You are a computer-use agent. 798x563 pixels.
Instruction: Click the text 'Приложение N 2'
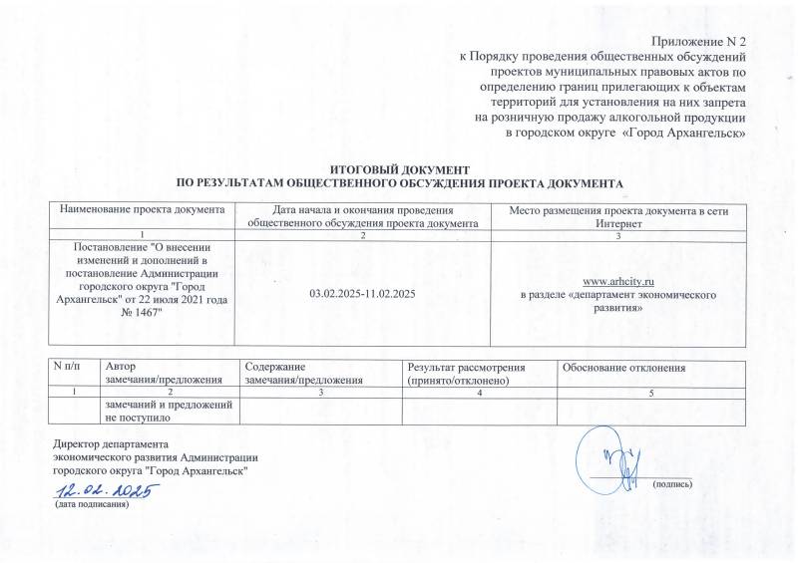click(x=698, y=40)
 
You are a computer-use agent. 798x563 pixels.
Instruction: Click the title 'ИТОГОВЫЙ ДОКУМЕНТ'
click(x=399, y=172)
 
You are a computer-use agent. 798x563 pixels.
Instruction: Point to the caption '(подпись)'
click(x=671, y=484)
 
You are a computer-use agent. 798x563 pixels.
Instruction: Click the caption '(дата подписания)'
click(x=93, y=505)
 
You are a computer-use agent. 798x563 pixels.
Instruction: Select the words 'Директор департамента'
click(x=111, y=443)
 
